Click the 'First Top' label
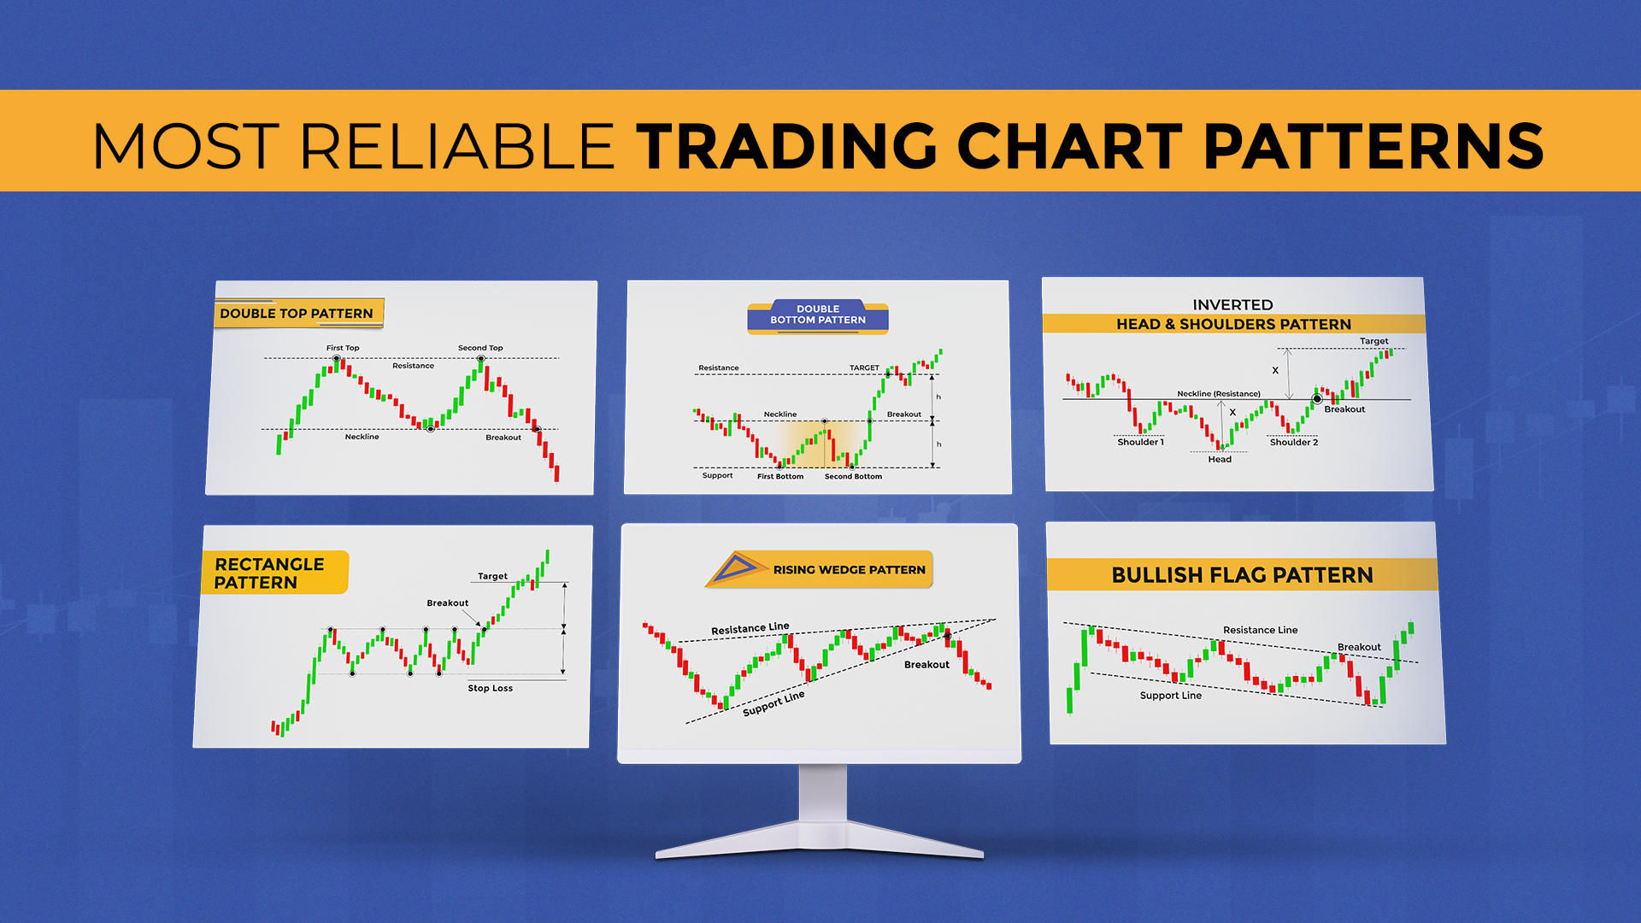pyautogui.click(x=343, y=348)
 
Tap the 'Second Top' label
pyautogui.click(x=480, y=348)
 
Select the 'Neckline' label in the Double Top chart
pyautogui.click(x=362, y=437)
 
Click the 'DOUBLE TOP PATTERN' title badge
pyautogui.click(x=297, y=314)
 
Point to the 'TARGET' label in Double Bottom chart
pyautogui.click(x=864, y=368)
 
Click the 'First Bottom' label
pyautogui.click(x=779, y=477)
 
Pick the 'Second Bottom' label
pyautogui.click(x=853, y=477)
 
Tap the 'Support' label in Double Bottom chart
pyautogui.click(x=717, y=476)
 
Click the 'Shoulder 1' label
pyautogui.click(x=1140, y=443)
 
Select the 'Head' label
pyautogui.click(x=1220, y=460)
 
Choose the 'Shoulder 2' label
pyautogui.click(x=1293, y=443)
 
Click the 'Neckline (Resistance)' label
pyautogui.click(x=1218, y=394)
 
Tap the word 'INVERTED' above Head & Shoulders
pyautogui.click(x=1232, y=305)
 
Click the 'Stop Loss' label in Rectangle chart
pyautogui.click(x=490, y=688)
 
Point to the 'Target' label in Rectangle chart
pyautogui.click(x=492, y=577)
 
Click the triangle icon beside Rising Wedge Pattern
pyautogui.click(x=734, y=569)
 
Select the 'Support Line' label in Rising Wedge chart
pyautogui.click(x=773, y=703)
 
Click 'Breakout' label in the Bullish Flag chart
pyautogui.click(x=1358, y=647)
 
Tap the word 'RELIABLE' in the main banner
pyautogui.click(x=456, y=145)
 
